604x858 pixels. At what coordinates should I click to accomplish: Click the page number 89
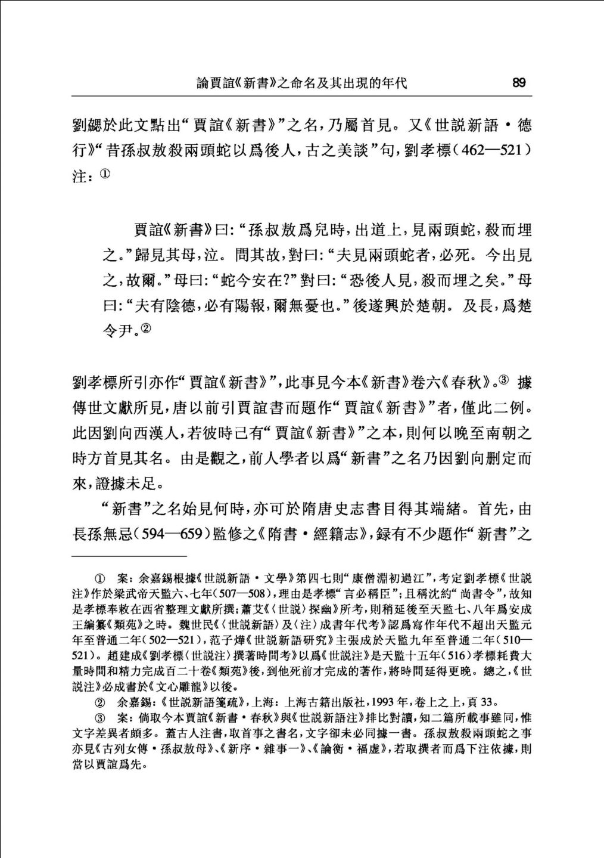(519, 83)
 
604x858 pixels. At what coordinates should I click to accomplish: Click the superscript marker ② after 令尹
(146, 328)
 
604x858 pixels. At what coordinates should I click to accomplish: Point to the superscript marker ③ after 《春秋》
(504, 380)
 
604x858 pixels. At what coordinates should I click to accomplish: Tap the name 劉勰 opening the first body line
(85, 125)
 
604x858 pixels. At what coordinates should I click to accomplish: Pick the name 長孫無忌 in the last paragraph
(102, 534)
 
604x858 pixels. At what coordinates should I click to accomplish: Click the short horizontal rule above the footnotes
(113, 556)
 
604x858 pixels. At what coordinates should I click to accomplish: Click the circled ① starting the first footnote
(100, 579)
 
